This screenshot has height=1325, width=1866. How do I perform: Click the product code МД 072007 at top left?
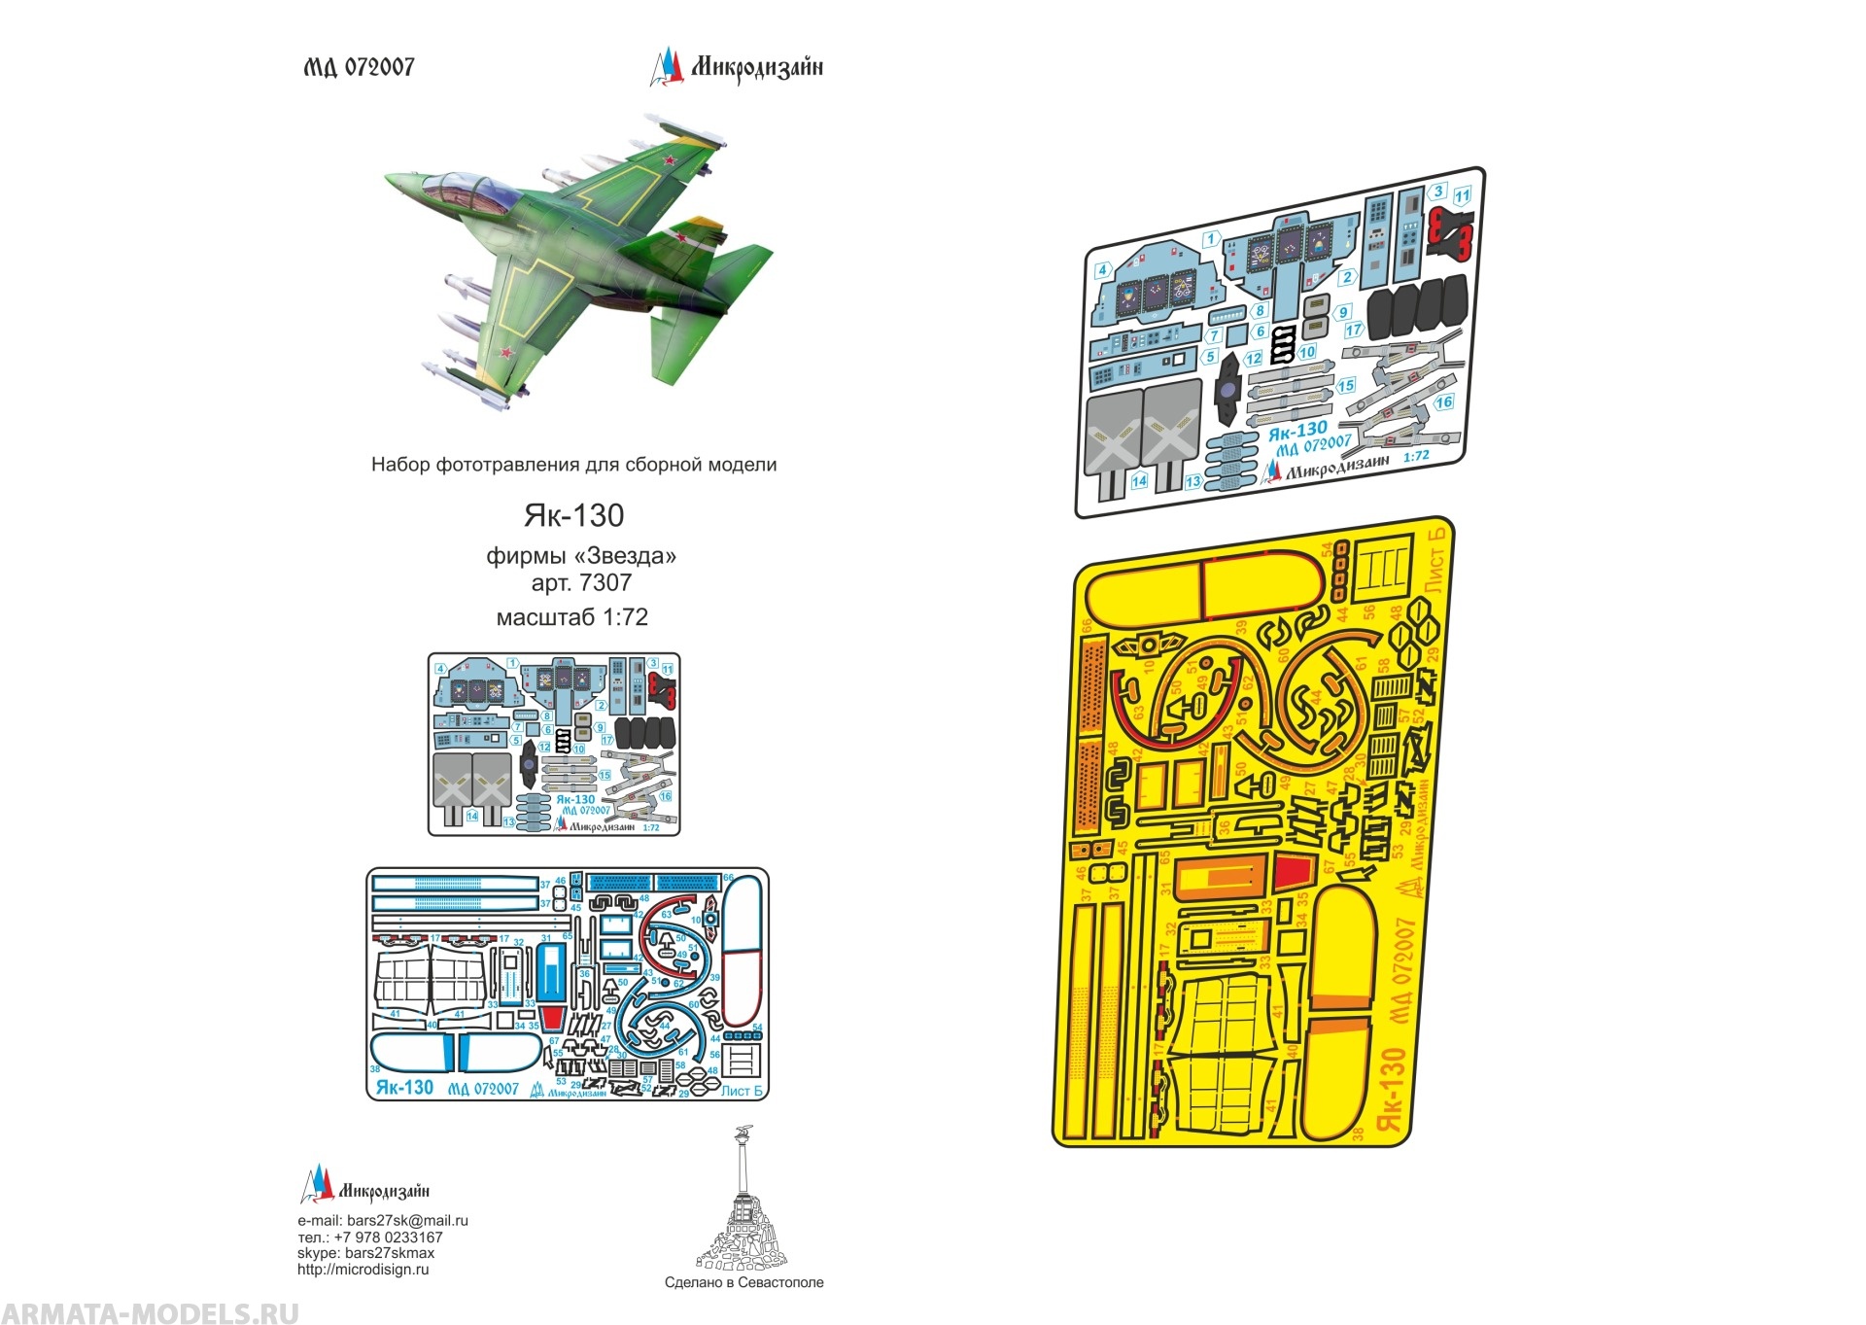359,67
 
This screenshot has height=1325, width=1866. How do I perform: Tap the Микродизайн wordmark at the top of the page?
756,67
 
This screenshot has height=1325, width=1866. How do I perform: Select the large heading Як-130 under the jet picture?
573,515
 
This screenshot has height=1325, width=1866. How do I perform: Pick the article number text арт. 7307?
581,583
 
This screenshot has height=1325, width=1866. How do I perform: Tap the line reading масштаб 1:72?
572,617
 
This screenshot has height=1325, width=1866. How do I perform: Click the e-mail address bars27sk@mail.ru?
407,1221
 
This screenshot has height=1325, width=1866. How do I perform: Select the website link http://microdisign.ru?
363,1270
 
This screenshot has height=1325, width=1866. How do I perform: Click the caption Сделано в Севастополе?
743,1282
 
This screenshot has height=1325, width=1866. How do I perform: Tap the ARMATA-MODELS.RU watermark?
151,1312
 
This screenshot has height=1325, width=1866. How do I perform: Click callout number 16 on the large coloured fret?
1444,401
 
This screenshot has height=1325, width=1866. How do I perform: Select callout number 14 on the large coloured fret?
1139,481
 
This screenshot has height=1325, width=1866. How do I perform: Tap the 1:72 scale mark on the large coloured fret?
1417,455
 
